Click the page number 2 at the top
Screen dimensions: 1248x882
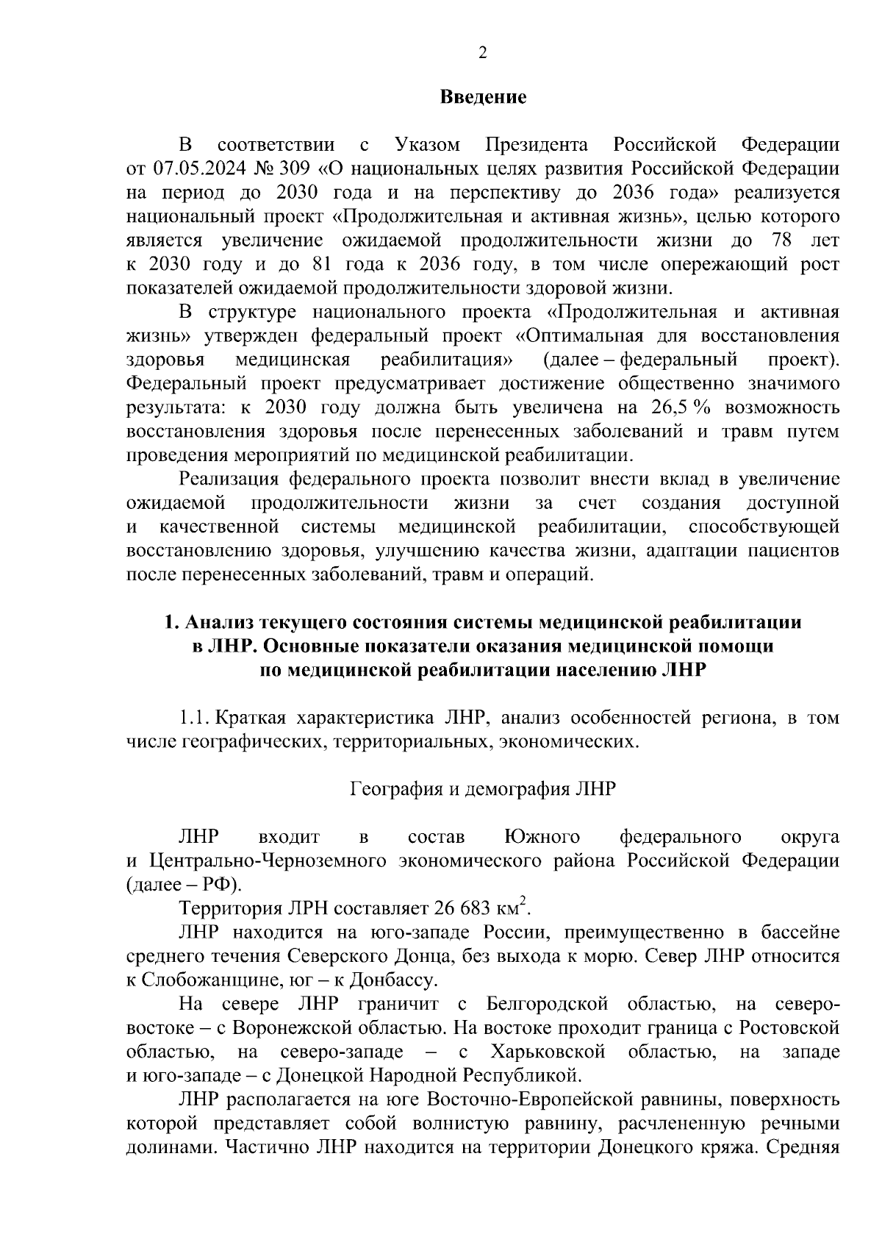coord(482,52)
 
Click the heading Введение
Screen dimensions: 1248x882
coord(483,98)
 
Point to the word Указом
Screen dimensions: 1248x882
coord(428,143)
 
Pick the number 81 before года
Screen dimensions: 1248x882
coord(334,264)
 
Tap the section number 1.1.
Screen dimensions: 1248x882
coord(193,718)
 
